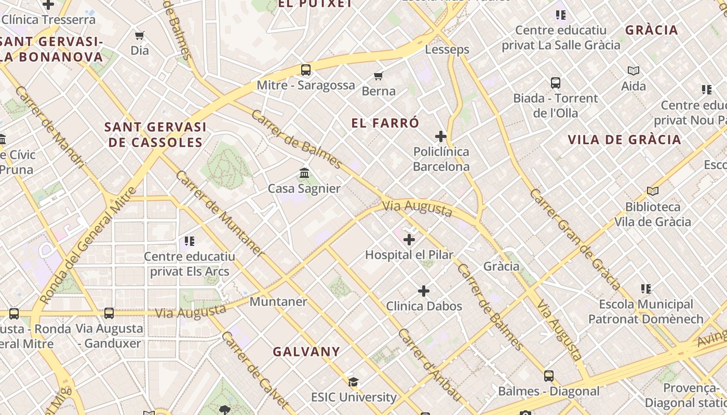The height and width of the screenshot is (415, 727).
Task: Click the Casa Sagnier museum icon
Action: [x=305, y=173]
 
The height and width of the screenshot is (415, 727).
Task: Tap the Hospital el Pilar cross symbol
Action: [x=409, y=240]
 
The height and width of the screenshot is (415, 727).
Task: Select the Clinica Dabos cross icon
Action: [x=424, y=291]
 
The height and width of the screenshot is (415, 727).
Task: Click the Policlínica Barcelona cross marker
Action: [x=441, y=137]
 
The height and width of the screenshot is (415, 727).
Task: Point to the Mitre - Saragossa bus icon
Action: [x=306, y=70]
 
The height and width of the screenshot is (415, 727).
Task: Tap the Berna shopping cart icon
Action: [x=379, y=76]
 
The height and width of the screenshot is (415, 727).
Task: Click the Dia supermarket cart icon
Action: [x=139, y=36]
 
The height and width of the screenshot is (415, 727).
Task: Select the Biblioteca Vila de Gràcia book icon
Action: [x=653, y=191]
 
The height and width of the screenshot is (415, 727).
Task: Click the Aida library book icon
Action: [x=634, y=71]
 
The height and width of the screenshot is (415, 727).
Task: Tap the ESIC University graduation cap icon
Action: [x=354, y=382]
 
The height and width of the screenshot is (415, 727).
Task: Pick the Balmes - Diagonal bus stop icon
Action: [x=549, y=376]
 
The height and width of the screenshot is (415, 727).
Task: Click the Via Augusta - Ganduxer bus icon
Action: [x=109, y=313]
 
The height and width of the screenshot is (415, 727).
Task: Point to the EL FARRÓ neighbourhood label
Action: [x=385, y=123]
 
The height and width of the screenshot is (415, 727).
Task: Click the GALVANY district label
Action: [x=306, y=352]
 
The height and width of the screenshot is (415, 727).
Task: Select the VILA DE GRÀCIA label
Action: [x=624, y=140]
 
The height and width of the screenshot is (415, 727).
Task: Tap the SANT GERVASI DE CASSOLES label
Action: [x=155, y=134]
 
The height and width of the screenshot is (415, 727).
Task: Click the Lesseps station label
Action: [x=447, y=50]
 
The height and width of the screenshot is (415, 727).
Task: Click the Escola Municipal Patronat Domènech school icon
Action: [x=646, y=289]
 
